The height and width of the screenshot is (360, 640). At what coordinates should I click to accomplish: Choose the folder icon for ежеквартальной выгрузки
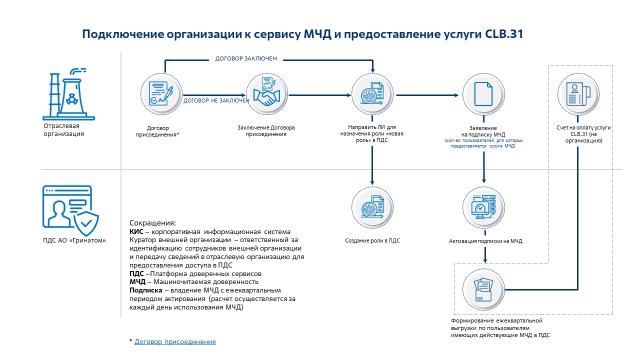coord(483,288)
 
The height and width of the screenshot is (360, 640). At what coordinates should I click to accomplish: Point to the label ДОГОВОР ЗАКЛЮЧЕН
coord(246,59)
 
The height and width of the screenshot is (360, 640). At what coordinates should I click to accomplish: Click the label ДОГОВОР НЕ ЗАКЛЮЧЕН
coord(216,100)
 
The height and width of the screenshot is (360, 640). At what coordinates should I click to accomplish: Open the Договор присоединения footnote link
coord(175,342)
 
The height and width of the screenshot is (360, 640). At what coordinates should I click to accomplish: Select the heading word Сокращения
coord(153,223)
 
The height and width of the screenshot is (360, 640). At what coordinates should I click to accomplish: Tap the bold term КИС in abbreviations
coord(136,231)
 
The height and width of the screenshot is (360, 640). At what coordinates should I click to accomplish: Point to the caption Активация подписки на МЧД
coord(485,241)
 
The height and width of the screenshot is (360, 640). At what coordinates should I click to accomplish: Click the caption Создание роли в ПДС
coord(372,240)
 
